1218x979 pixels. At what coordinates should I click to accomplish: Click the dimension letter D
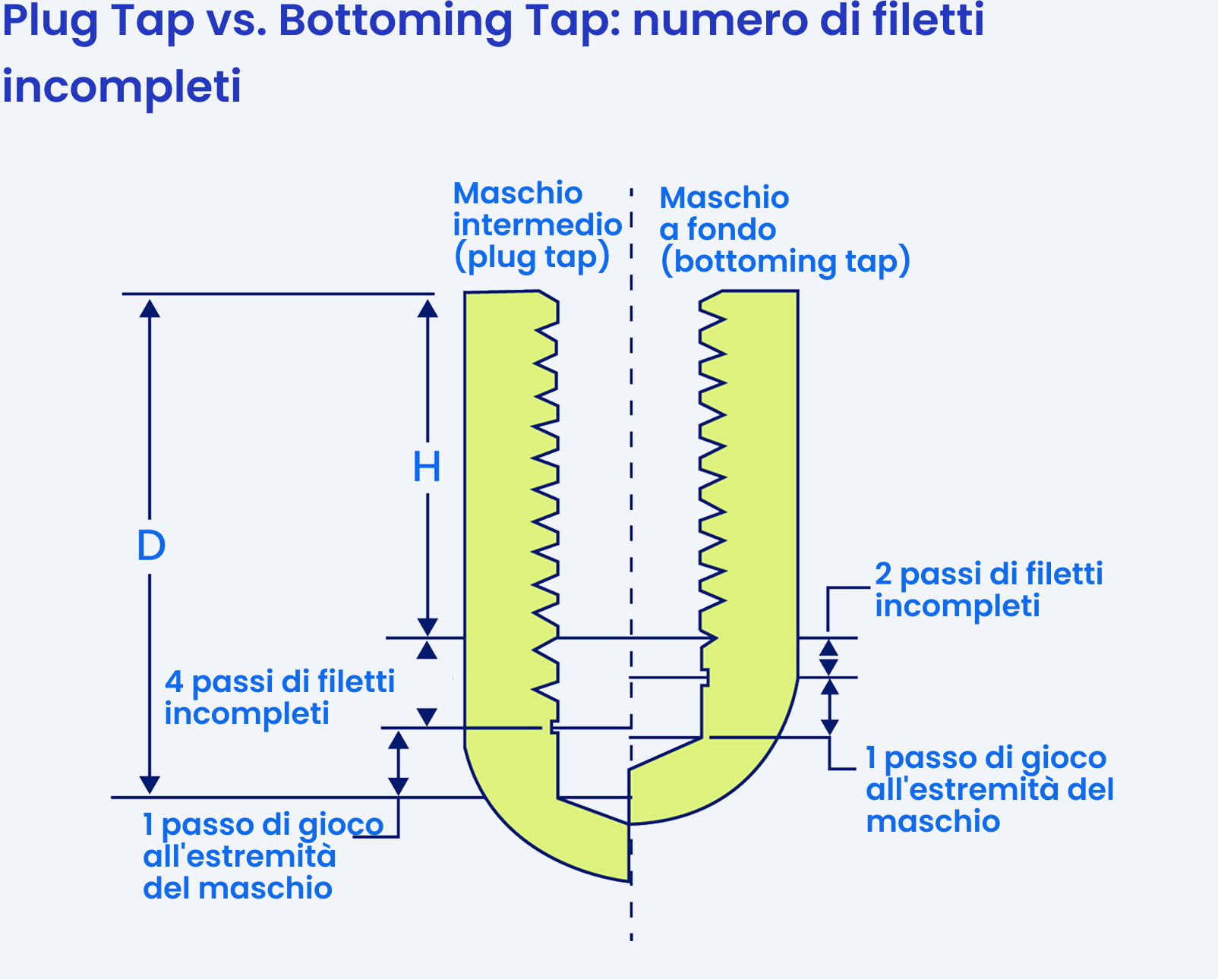(x=151, y=546)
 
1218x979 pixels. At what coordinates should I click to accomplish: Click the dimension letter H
(x=427, y=467)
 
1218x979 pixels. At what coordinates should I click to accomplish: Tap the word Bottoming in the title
(x=395, y=21)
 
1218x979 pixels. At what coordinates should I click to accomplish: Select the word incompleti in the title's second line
(x=121, y=87)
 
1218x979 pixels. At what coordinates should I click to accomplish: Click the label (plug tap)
(x=532, y=257)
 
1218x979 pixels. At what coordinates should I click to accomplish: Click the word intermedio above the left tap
(x=538, y=225)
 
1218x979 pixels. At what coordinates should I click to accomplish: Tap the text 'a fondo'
(x=718, y=230)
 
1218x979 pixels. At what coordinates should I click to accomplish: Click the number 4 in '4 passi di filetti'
(x=174, y=682)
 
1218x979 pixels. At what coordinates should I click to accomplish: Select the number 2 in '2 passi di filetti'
(x=883, y=574)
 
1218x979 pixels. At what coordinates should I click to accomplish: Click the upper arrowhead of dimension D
(x=150, y=309)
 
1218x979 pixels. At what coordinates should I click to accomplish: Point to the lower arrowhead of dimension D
(x=150, y=785)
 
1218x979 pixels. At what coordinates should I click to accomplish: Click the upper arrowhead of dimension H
(x=428, y=309)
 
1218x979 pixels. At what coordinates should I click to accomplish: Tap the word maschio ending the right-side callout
(x=933, y=822)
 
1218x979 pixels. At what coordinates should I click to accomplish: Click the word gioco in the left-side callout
(x=341, y=826)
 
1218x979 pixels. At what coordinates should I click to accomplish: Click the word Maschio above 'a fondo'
(x=724, y=197)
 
